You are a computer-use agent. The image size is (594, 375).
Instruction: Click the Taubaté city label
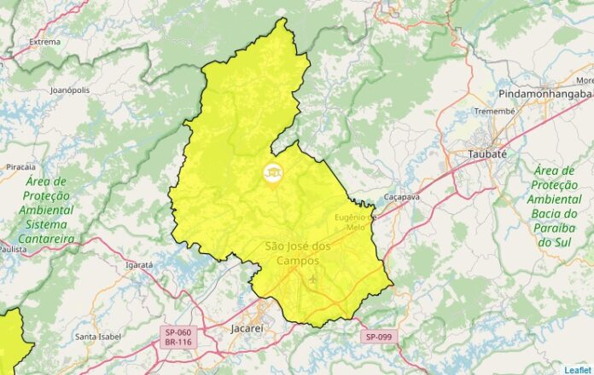pos(487,154)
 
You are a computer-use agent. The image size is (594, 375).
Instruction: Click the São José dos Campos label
pos(297,253)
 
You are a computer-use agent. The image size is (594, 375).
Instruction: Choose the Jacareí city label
pos(249,326)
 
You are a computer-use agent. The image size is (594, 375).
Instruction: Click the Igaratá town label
pos(138,265)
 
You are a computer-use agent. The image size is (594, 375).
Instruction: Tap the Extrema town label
pos(44,41)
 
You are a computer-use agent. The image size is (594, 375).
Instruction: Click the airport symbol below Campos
pos(313,278)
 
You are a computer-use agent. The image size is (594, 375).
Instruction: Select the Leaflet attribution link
pos(578,369)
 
